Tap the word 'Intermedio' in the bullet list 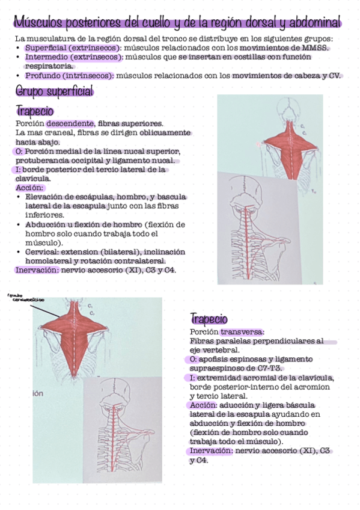44,57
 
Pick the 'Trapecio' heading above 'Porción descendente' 35,111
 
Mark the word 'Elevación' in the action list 45,197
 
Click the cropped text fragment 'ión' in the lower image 37,393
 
